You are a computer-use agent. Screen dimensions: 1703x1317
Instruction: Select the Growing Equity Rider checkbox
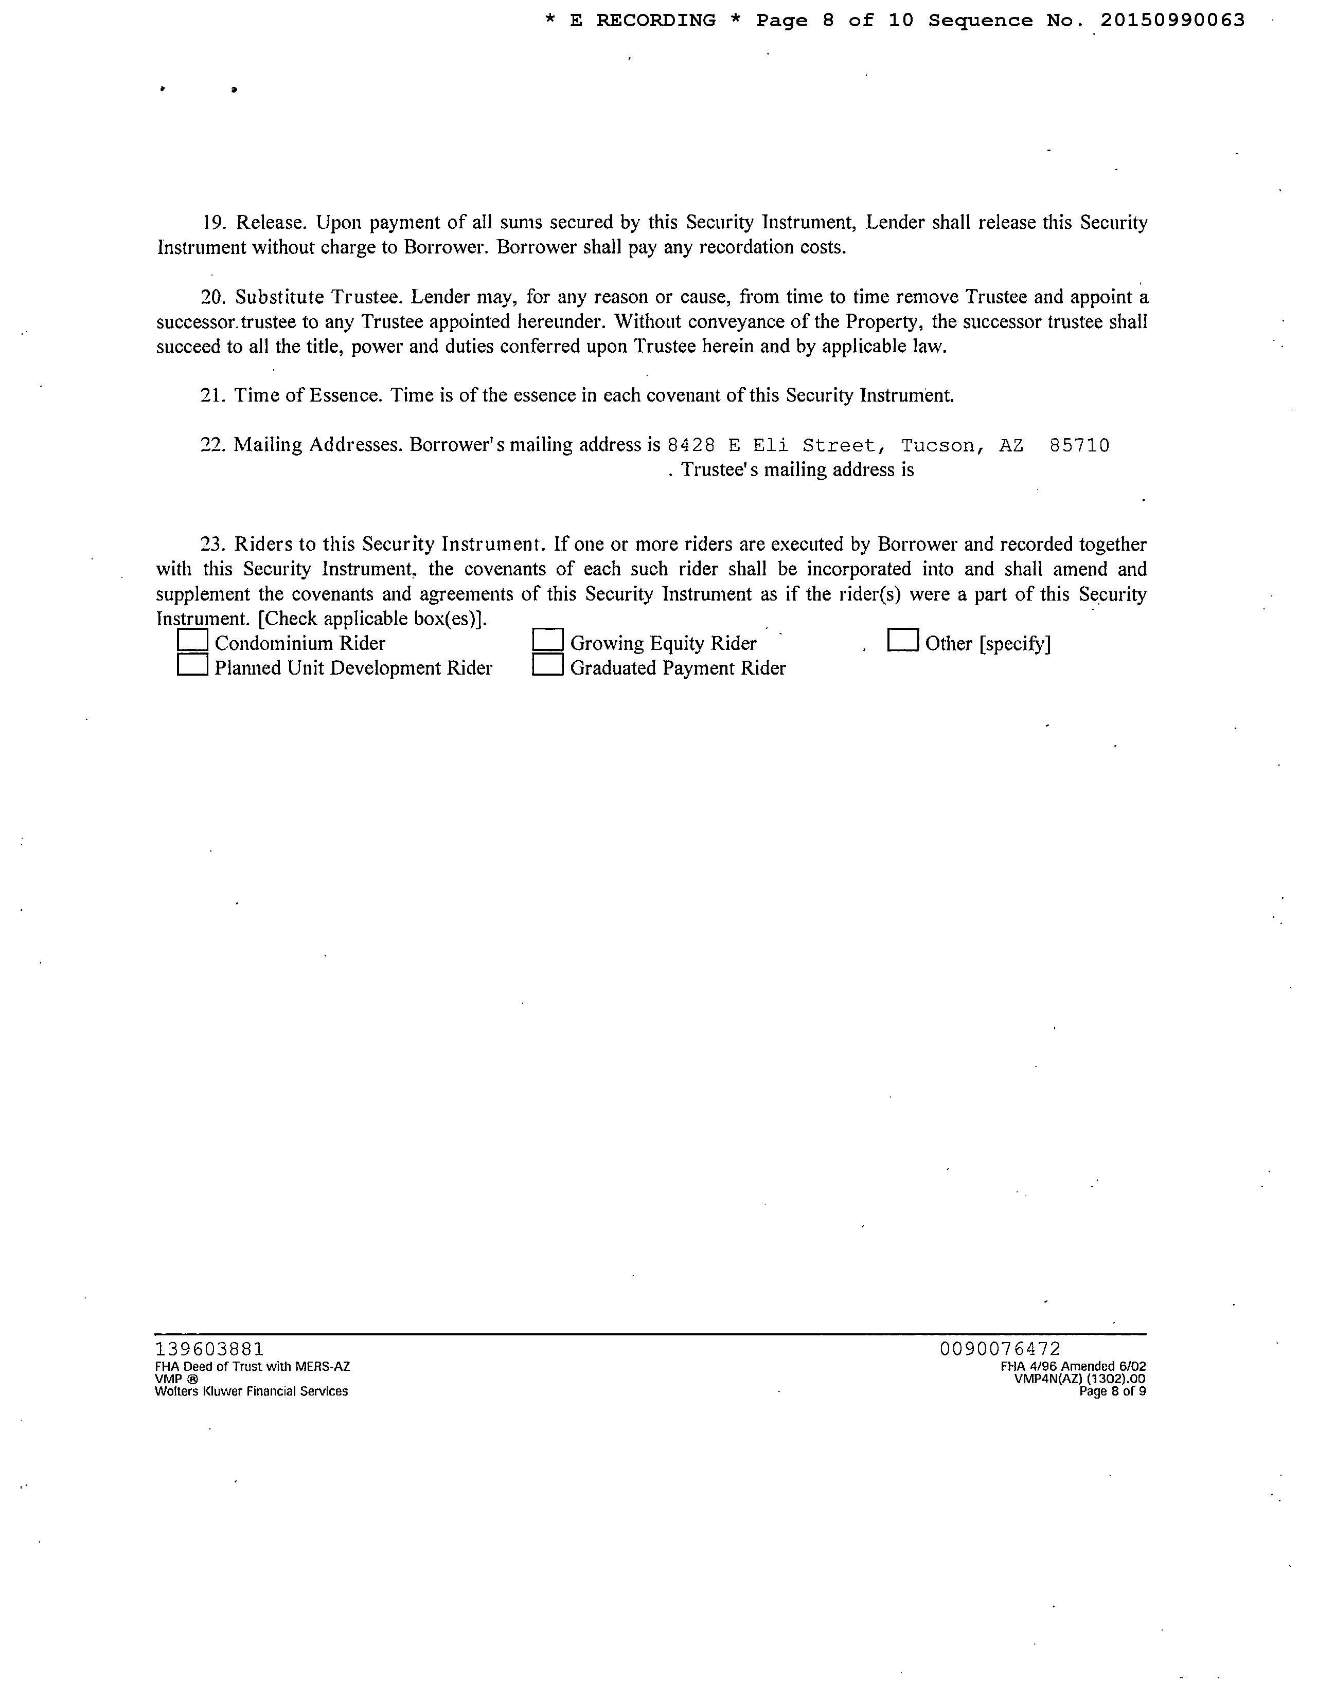pyautogui.click(x=548, y=640)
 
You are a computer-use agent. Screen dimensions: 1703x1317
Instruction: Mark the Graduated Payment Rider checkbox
pyautogui.click(x=548, y=665)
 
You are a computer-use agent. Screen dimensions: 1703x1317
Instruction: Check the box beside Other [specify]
pyautogui.click(x=903, y=640)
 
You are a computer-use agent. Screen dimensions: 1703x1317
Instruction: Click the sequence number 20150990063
pyautogui.click(x=1172, y=21)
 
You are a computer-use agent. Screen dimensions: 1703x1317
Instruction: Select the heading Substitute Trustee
pyautogui.click(x=319, y=297)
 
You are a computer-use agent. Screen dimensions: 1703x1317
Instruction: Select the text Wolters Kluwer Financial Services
pyautogui.click(x=251, y=1392)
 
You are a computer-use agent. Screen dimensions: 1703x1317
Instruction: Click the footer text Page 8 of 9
pyautogui.click(x=1113, y=1392)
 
